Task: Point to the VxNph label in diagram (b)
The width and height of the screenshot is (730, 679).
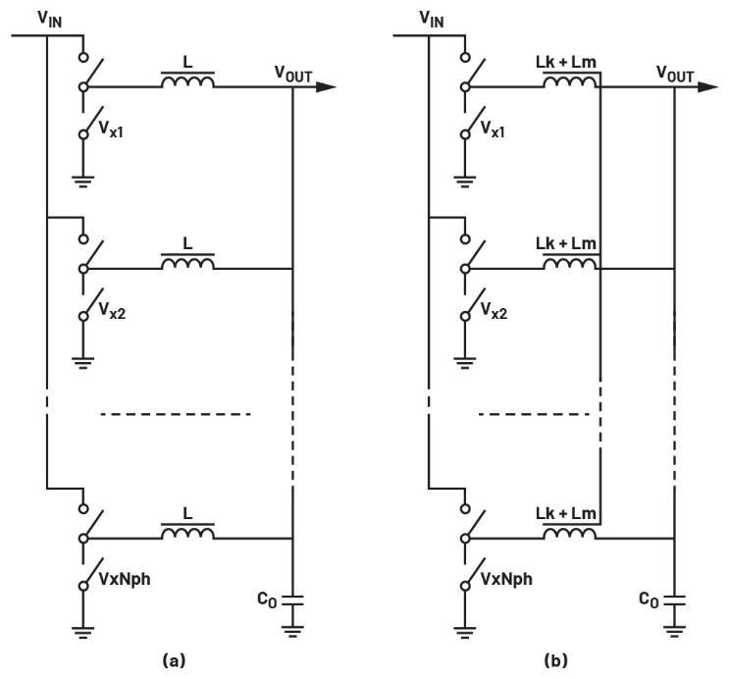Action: pyautogui.click(x=502, y=579)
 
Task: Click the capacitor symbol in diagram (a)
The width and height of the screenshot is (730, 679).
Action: pyautogui.click(x=293, y=599)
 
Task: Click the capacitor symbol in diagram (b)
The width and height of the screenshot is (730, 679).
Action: pyautogui.click(x=675, y=599)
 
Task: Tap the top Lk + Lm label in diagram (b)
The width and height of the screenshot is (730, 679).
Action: pyautogui.click(x=570, y=62)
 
